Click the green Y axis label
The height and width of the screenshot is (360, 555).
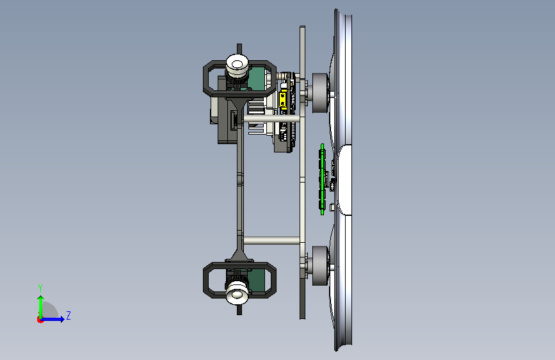40,288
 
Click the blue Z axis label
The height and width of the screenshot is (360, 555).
68,315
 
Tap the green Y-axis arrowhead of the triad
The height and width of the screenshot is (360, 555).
41,299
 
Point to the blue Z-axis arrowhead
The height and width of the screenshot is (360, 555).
62,319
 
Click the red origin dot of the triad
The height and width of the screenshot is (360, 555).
40,320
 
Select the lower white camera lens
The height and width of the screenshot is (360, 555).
237,292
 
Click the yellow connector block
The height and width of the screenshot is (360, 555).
283,99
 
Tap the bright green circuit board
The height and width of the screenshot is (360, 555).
323,179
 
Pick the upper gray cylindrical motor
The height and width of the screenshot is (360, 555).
320,93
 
